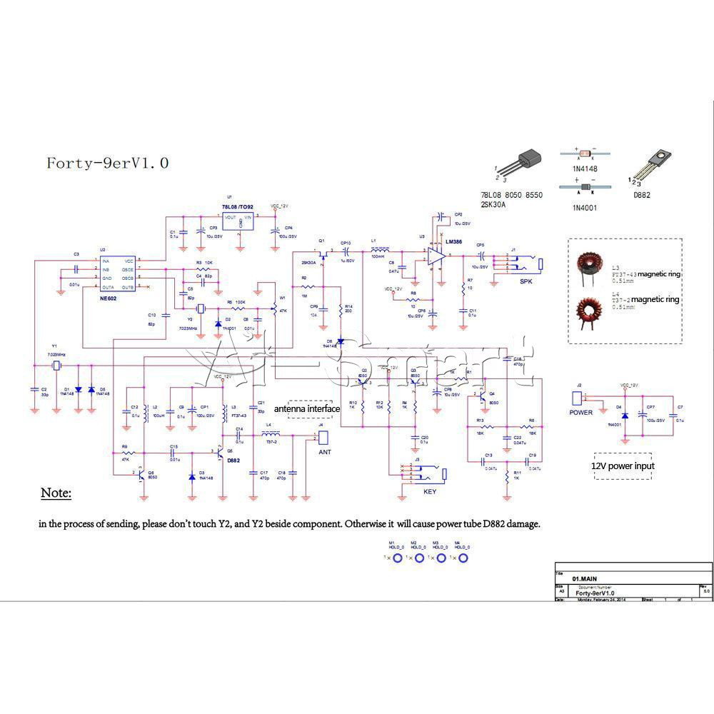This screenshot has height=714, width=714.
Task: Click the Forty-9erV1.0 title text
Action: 108,163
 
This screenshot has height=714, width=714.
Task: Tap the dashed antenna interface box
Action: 309,408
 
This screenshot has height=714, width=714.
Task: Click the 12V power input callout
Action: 623,466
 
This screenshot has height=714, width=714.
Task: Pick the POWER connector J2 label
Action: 580,412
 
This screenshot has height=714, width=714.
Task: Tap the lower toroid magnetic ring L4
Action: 590,312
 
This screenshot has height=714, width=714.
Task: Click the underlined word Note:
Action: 56,493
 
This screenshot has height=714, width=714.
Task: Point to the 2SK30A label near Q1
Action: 308,263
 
